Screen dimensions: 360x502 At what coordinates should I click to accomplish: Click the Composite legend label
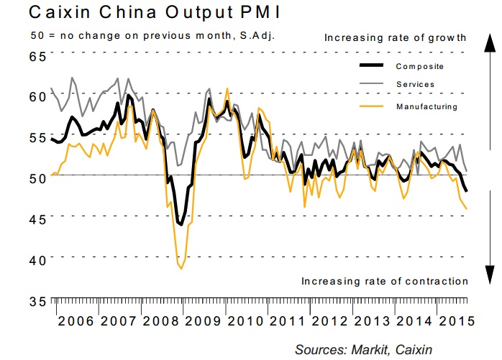(x=419, y=67)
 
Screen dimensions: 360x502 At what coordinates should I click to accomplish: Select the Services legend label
(x=415, y=85)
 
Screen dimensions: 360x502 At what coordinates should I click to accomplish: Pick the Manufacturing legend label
(x=426, y=106)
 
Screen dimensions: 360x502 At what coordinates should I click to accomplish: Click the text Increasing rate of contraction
(x=385, y=281)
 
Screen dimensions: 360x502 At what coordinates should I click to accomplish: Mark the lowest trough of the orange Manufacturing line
(x=181, y=268)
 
